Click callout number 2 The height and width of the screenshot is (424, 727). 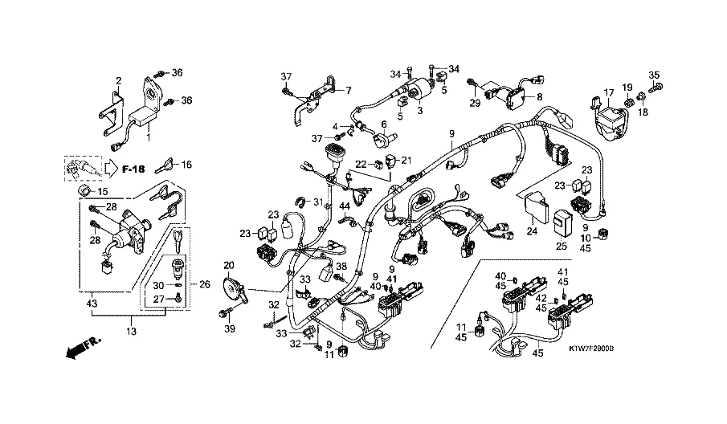[x=118, y=81]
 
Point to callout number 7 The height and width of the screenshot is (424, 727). [x=348, y=90]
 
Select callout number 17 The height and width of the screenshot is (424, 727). [x=609, y=92]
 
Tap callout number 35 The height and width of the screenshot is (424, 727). [x=653, y=75]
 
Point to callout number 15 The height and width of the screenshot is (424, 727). [x=102, y=192]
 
